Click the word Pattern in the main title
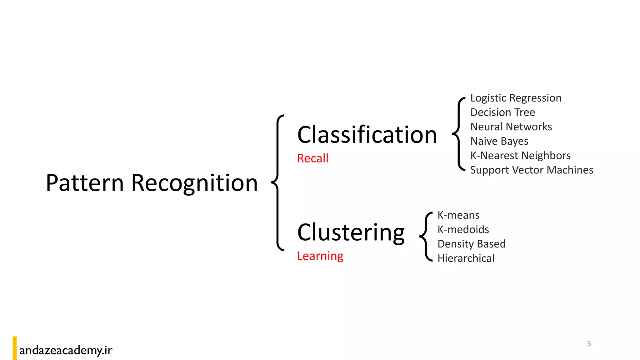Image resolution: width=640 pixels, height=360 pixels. tap(85, 183)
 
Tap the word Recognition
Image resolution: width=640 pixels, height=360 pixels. tap(194, 183)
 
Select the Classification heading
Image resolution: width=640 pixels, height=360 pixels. tap(367, 135)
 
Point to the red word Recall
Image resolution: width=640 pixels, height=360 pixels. tap(312, 158)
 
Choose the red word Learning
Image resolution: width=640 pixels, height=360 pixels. tap(320, 256)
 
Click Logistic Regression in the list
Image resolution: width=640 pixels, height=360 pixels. tap(516, 98)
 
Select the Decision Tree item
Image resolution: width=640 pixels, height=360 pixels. tap(502, 112)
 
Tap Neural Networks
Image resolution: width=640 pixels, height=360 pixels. tap(511, 127)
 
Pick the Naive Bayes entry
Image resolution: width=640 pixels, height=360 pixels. tap(499, 141)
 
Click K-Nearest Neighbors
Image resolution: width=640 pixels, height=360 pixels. tap(520, 156)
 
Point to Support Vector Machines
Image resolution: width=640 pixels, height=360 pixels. tap(531, 170)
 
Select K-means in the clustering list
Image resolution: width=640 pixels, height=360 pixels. tap(458, 215)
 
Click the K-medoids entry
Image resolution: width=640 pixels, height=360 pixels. tap(463, 230)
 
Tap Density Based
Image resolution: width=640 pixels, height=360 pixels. tap(471, 244)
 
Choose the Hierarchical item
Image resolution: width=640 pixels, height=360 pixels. tap(466, 258)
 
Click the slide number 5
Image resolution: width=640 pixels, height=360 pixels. tap(589, 344)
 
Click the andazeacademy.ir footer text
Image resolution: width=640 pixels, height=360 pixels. tap(66, 350)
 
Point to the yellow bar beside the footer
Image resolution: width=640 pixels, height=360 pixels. tap(15, 348)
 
